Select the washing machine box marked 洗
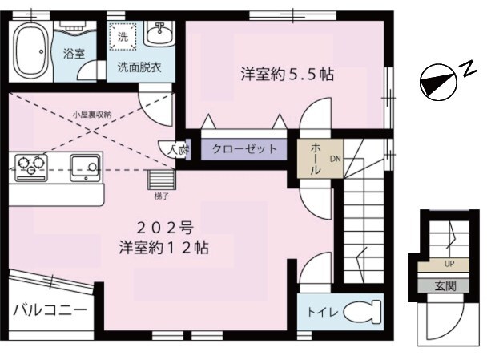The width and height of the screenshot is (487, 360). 123,37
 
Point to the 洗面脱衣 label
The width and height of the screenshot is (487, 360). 139,67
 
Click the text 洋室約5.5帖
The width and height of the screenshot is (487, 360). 287,74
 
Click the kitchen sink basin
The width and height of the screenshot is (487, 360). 84,167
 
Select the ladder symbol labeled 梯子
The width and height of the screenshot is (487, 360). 161,177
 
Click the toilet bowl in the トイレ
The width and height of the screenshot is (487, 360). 364,311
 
